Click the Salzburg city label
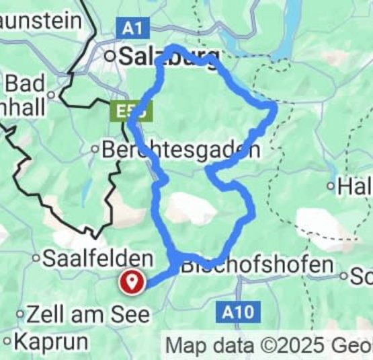(169, 57)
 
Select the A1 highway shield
(132, 28)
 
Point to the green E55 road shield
(126, 111)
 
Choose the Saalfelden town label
(98, 258)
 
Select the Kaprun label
(51, 342)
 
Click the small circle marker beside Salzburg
(110, 57)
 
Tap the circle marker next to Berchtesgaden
(96, 149)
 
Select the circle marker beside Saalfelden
(36, 258)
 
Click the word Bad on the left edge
(24, 84)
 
